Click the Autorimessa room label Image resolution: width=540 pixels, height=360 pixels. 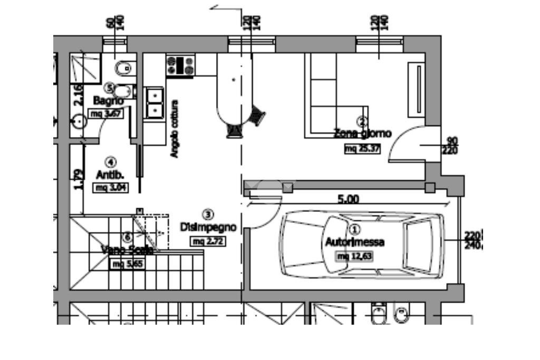pos(354,242)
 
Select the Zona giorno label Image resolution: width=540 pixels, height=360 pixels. pos(363,133)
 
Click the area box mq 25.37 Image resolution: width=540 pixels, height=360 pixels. pos(362,149)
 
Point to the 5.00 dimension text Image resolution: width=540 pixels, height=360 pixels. pos(348,199)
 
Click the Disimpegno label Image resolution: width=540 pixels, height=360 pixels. pos(208,228)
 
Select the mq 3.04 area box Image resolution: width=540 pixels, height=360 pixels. pos(111,187)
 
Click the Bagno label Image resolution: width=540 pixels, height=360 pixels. pos(108,100)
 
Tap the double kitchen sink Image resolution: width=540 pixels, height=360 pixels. pos(155,103)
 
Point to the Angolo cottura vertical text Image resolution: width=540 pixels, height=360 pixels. pos(174,129)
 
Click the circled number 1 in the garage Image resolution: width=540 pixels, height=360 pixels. pos(354,229)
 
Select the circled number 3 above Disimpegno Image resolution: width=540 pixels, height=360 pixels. pos(208,214)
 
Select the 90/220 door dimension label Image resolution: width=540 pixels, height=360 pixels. pos(452,146)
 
